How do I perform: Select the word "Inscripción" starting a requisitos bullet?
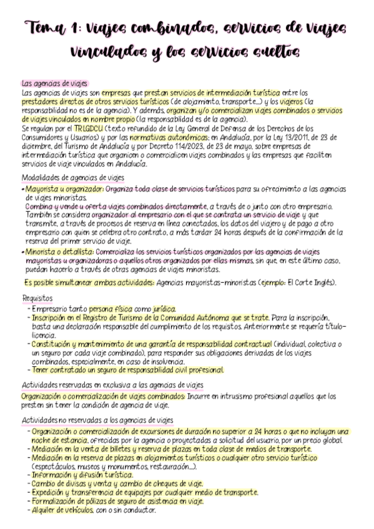pos(49,317)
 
